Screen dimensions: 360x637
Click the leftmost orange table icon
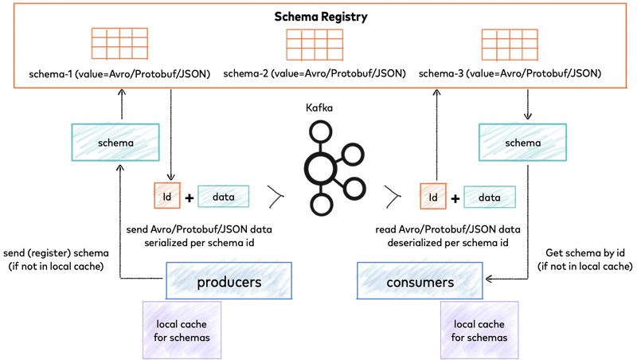(119, 44)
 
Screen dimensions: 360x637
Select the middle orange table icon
(315, 44)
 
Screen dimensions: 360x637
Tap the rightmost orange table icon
(510, 44)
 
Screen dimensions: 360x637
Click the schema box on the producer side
(115, 143)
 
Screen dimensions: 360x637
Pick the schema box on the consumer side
(523, 143)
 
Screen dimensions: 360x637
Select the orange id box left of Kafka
(167, 196)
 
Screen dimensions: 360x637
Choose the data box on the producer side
(223, 196)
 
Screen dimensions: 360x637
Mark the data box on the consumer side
(490, 197)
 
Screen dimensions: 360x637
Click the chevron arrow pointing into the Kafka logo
(276, 196)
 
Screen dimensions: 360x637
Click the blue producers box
(229, 282)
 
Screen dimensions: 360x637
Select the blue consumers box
(420, 282)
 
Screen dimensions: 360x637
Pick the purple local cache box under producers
(182, 330)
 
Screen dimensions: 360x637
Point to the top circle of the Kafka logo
(320, 130)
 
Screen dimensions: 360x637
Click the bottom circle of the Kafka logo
(320, 206)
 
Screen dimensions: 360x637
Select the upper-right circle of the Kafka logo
(355, 151)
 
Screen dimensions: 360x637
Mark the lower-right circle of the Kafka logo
(355, 188)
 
